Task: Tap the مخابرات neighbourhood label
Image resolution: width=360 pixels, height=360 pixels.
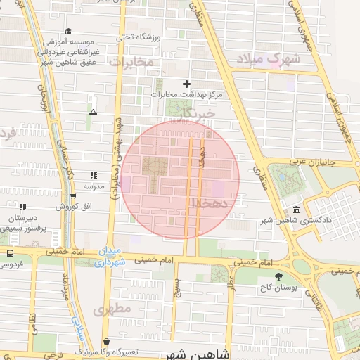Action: pyautogui.click(x=130, y=63)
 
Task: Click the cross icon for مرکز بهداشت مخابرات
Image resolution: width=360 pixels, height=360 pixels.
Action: pyautogui.click(x=186, y=84)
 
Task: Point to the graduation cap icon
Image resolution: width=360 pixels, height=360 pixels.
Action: pyautogui.click(x=68, y=32)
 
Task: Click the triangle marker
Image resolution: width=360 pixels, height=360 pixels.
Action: pyautogui.click(x=93, y=112)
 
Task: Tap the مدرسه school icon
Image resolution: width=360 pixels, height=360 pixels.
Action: pyautogui.click(x=93, y=176)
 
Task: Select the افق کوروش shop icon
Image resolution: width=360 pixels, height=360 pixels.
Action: pyautogui.click(x=72, y=197)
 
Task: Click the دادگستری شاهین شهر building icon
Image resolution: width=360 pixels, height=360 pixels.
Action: pyautogui.click(x=295, y=210)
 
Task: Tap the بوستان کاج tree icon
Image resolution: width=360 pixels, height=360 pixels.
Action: pyautogui.click(x=279, y=276)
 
